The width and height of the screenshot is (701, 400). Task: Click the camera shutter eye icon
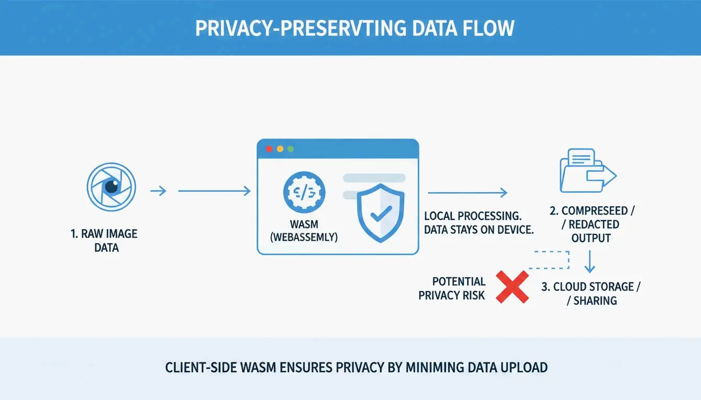[x=111, y=186]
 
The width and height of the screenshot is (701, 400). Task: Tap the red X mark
[x=512, y=287]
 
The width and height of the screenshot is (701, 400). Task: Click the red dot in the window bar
[x=269, y=149]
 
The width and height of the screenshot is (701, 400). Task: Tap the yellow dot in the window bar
[x=280, y=149]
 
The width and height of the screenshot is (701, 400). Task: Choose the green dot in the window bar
[x=291, y=149]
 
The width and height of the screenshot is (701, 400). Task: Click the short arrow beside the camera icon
[x=158, y=192]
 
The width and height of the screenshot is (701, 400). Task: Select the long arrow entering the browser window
[x=214, y=192]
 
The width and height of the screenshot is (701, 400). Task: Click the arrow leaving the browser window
[x=467, y=193]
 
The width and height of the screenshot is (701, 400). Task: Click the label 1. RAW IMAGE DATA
[x=104, y=241]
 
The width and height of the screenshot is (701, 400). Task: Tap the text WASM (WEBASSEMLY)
[x=305, y=230]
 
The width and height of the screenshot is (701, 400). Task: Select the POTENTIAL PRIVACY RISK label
[x=452, y=289]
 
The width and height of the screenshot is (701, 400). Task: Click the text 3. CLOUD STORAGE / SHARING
[x=590, y=294]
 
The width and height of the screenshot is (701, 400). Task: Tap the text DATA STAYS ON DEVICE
[x=478, y=230]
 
